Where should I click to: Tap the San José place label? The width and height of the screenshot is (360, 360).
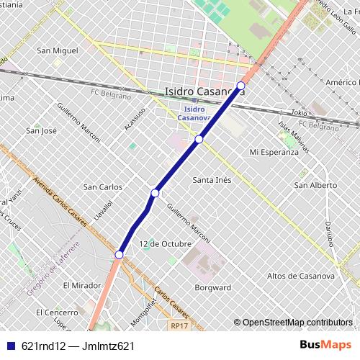41,130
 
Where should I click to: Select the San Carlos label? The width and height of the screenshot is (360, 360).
103,186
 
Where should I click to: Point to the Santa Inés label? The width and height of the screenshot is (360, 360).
212,179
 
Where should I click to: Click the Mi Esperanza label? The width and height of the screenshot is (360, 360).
273,152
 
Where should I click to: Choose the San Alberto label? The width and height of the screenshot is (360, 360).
315,185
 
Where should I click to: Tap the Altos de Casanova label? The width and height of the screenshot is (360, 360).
300,276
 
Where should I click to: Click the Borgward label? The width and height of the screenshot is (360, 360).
213,287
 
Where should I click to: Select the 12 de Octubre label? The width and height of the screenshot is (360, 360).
166,243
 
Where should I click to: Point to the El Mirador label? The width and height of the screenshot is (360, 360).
81,285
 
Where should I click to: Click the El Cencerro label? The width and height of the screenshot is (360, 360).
57,312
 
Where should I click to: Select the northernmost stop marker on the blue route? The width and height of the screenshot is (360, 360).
240,86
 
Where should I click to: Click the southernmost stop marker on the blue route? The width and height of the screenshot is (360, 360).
120,253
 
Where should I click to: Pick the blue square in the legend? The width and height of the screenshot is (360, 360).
10,346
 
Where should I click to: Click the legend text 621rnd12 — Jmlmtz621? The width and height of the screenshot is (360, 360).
78,346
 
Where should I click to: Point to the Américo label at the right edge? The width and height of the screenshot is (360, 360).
343,83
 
